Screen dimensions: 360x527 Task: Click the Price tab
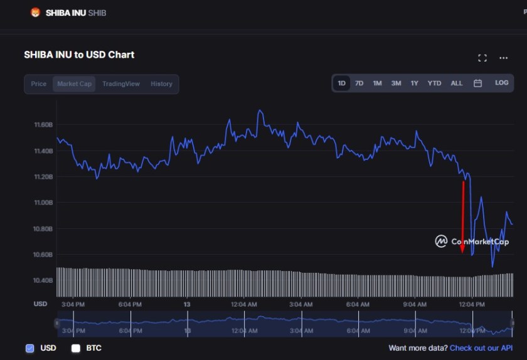point(39,84)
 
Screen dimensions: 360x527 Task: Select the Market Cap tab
point(74,84)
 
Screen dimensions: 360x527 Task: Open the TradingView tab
point(121,84)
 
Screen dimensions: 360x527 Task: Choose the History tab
point(161,84)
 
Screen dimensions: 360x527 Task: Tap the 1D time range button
point(341,83)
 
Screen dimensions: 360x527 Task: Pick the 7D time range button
point(359,83)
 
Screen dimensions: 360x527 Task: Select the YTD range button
point(434,83)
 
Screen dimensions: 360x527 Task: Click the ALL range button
point(457,83)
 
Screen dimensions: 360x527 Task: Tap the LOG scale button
point(501,83)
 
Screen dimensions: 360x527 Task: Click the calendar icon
point(477,83)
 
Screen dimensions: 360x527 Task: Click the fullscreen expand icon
point(482,58)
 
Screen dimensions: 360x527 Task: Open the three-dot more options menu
point(503,58)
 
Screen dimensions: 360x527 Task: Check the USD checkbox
point(30,348)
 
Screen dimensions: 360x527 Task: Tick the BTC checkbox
point(76,348)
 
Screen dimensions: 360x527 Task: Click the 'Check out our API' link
point(481,348)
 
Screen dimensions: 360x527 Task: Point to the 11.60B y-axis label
point(43,125)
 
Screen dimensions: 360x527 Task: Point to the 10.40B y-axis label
point(43,280)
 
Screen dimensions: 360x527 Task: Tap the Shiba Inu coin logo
point(35,13)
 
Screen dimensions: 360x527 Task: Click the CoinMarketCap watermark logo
point(441,241)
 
